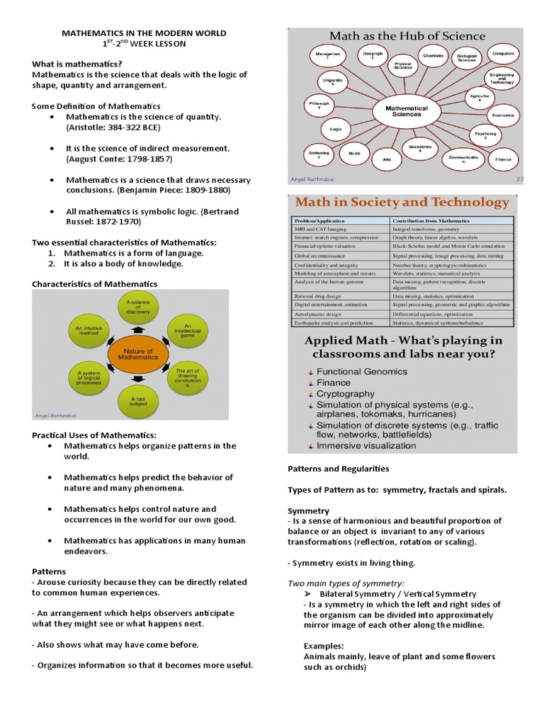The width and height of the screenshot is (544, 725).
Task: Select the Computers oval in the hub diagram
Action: pyautogui.click(x=503, y=54)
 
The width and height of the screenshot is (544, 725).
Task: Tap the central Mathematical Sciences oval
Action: pyautogui.click(x=406, y=111)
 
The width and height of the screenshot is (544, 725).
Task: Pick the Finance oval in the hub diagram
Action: pyautogui.click(x=504, y=160)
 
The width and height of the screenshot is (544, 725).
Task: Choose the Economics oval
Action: pyautogui.click(x=503, y=115)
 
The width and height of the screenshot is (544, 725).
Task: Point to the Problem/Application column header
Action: pyautogui.click(x=316, y=220)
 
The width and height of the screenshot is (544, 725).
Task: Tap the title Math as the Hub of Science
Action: pyautogui.click(x=406, y=36)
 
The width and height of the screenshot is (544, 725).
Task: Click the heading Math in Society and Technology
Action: pyautogui.click(x=402, y=202)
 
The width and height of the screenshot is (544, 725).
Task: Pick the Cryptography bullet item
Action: pyautogui.click(x=346, y=394)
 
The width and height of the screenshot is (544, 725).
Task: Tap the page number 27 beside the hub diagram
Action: pyautogui.click(x=518, y=179)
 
